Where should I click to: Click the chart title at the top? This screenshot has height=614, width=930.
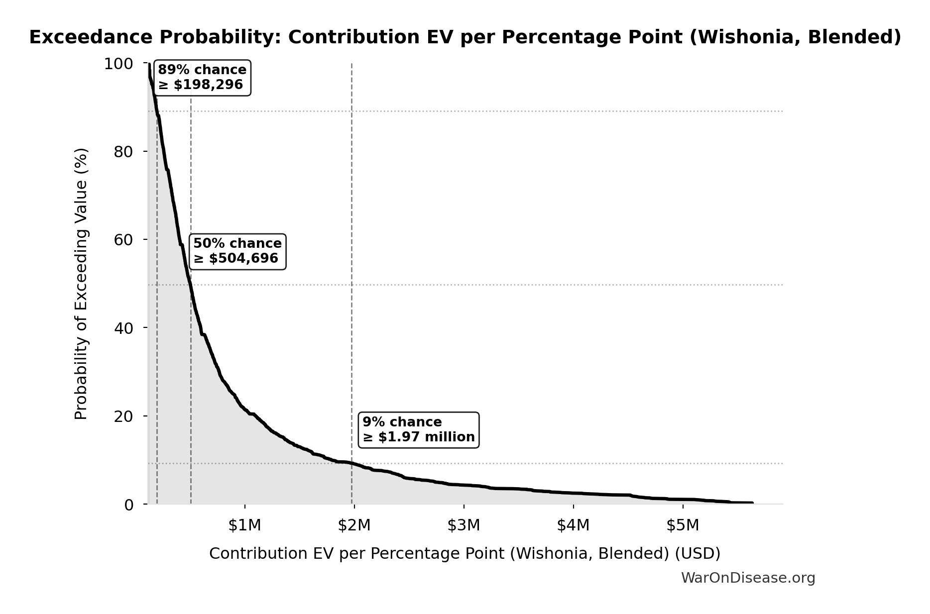[465, 37]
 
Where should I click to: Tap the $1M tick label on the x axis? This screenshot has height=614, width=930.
[244, 525]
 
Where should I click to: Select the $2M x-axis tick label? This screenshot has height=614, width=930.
[354, 525]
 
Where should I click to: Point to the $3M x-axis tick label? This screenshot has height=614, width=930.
[464, 525]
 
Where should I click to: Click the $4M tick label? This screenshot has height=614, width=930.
[573, 525]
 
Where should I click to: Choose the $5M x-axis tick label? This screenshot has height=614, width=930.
[683, 525]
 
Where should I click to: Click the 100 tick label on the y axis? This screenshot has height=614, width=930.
[118, 64]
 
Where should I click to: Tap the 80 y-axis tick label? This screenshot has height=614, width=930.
[123, 152]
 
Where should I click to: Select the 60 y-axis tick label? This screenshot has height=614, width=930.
[123, 240]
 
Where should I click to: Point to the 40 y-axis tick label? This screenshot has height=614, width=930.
[123, 328]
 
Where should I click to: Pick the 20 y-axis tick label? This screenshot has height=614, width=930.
[123, 416]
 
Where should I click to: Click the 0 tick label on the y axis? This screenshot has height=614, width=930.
[128, 505]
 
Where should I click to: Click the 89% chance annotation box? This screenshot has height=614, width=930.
[202, 78]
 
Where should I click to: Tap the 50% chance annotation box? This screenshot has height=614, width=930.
[237, 251]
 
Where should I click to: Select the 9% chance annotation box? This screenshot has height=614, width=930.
[418, 430]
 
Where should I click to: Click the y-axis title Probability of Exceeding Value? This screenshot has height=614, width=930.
[81, 284]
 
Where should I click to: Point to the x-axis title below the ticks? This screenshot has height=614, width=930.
[465, 554]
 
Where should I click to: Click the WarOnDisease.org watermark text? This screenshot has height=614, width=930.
[748, 578]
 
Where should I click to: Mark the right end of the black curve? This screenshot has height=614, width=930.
[752, 503]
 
